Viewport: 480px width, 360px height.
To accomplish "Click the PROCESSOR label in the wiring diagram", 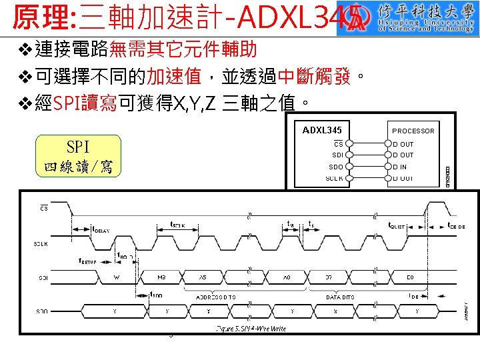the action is (x=413, y=131).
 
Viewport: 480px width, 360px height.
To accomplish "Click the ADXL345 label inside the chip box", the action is (x=322, y=129).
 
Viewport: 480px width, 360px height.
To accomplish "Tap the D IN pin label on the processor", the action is (x=403, y=167).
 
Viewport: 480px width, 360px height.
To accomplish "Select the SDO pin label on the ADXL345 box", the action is (x=336, y=167).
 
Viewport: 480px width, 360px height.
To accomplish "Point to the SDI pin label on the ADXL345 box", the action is (x=336, y=155).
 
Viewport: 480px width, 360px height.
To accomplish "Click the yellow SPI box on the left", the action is (x=79, y=155).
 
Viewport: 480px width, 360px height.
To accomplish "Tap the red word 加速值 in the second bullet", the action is (x=174, y=77).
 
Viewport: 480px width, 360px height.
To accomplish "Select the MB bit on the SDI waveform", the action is (x=161, y=276).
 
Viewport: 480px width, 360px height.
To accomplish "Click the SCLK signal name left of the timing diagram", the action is (x=41, y=243).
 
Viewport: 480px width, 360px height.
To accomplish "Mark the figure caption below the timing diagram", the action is (x=251, y=329).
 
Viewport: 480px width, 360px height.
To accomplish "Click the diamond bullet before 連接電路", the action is (x=25, y=51).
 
